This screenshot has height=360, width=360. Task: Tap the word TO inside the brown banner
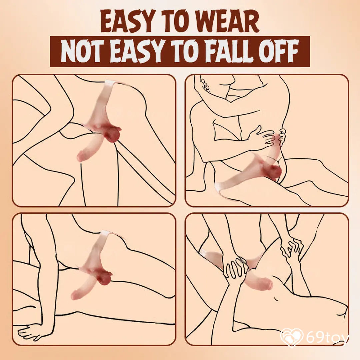click(181, 51)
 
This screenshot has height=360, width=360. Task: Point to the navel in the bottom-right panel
click(277, 298)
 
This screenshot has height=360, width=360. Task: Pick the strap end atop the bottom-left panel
click(106, 233)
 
